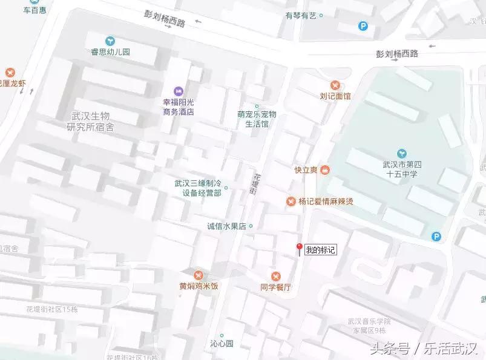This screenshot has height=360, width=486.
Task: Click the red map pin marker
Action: (x=298, y=249)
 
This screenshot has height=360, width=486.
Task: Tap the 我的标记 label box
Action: (x=320, y=249)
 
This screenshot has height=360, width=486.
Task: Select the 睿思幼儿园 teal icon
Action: (x=110, y=41)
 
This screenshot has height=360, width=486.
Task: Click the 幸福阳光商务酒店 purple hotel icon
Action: (x=178, y=90)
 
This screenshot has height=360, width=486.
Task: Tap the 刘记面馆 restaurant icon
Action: (x=335, y=85)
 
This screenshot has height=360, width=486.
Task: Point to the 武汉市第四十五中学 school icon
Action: (x=402, y=153)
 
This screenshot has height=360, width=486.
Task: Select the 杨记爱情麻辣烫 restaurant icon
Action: (x=291, y=201)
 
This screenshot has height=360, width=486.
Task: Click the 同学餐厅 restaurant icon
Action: (x=275, y=276)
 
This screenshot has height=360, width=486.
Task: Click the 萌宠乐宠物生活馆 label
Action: (x=257, y=119)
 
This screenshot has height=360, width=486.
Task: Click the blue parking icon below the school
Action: (x=436, y=237)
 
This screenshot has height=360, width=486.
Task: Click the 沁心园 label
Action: (x=222, y=343)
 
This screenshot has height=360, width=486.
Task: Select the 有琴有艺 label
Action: (x=301, y=16)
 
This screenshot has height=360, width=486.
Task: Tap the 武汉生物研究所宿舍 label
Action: (x=91, y=121)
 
